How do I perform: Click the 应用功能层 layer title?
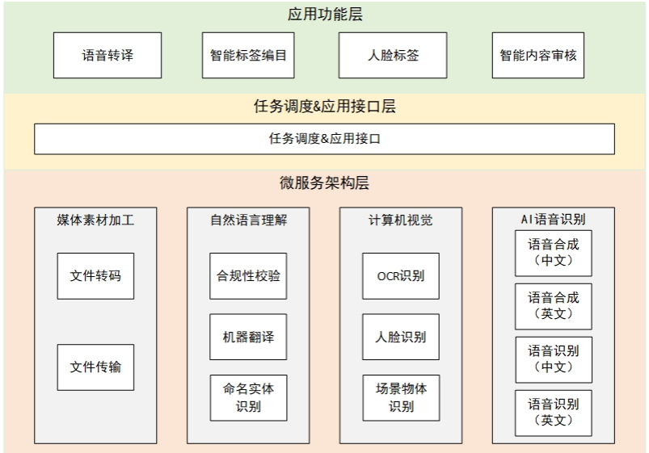coord(324,14)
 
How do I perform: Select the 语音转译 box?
coord(107,56)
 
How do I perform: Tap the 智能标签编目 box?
coord(248,56)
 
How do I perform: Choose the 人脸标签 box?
coord(393,56)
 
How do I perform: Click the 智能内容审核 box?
coord(538,56)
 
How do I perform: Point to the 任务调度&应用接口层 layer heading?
coord(324,107)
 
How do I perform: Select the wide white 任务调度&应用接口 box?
coord(324,139)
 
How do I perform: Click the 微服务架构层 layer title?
coord(324,183)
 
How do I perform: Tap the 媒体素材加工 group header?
coord(95,220)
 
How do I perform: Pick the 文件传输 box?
coord(95,367)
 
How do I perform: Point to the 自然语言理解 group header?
coord(248,220)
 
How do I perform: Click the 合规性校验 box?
coord(248,275)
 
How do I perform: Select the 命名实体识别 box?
coord(248,397)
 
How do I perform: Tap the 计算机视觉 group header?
coord(401,220)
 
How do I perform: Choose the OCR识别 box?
coord(401,275)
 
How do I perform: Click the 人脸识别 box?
coord(401,337)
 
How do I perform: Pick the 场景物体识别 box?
coord(401,397)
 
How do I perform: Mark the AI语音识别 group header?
coord(554,219)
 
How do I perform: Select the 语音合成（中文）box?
coord(554,252)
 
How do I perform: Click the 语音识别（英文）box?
coord(554,412)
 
